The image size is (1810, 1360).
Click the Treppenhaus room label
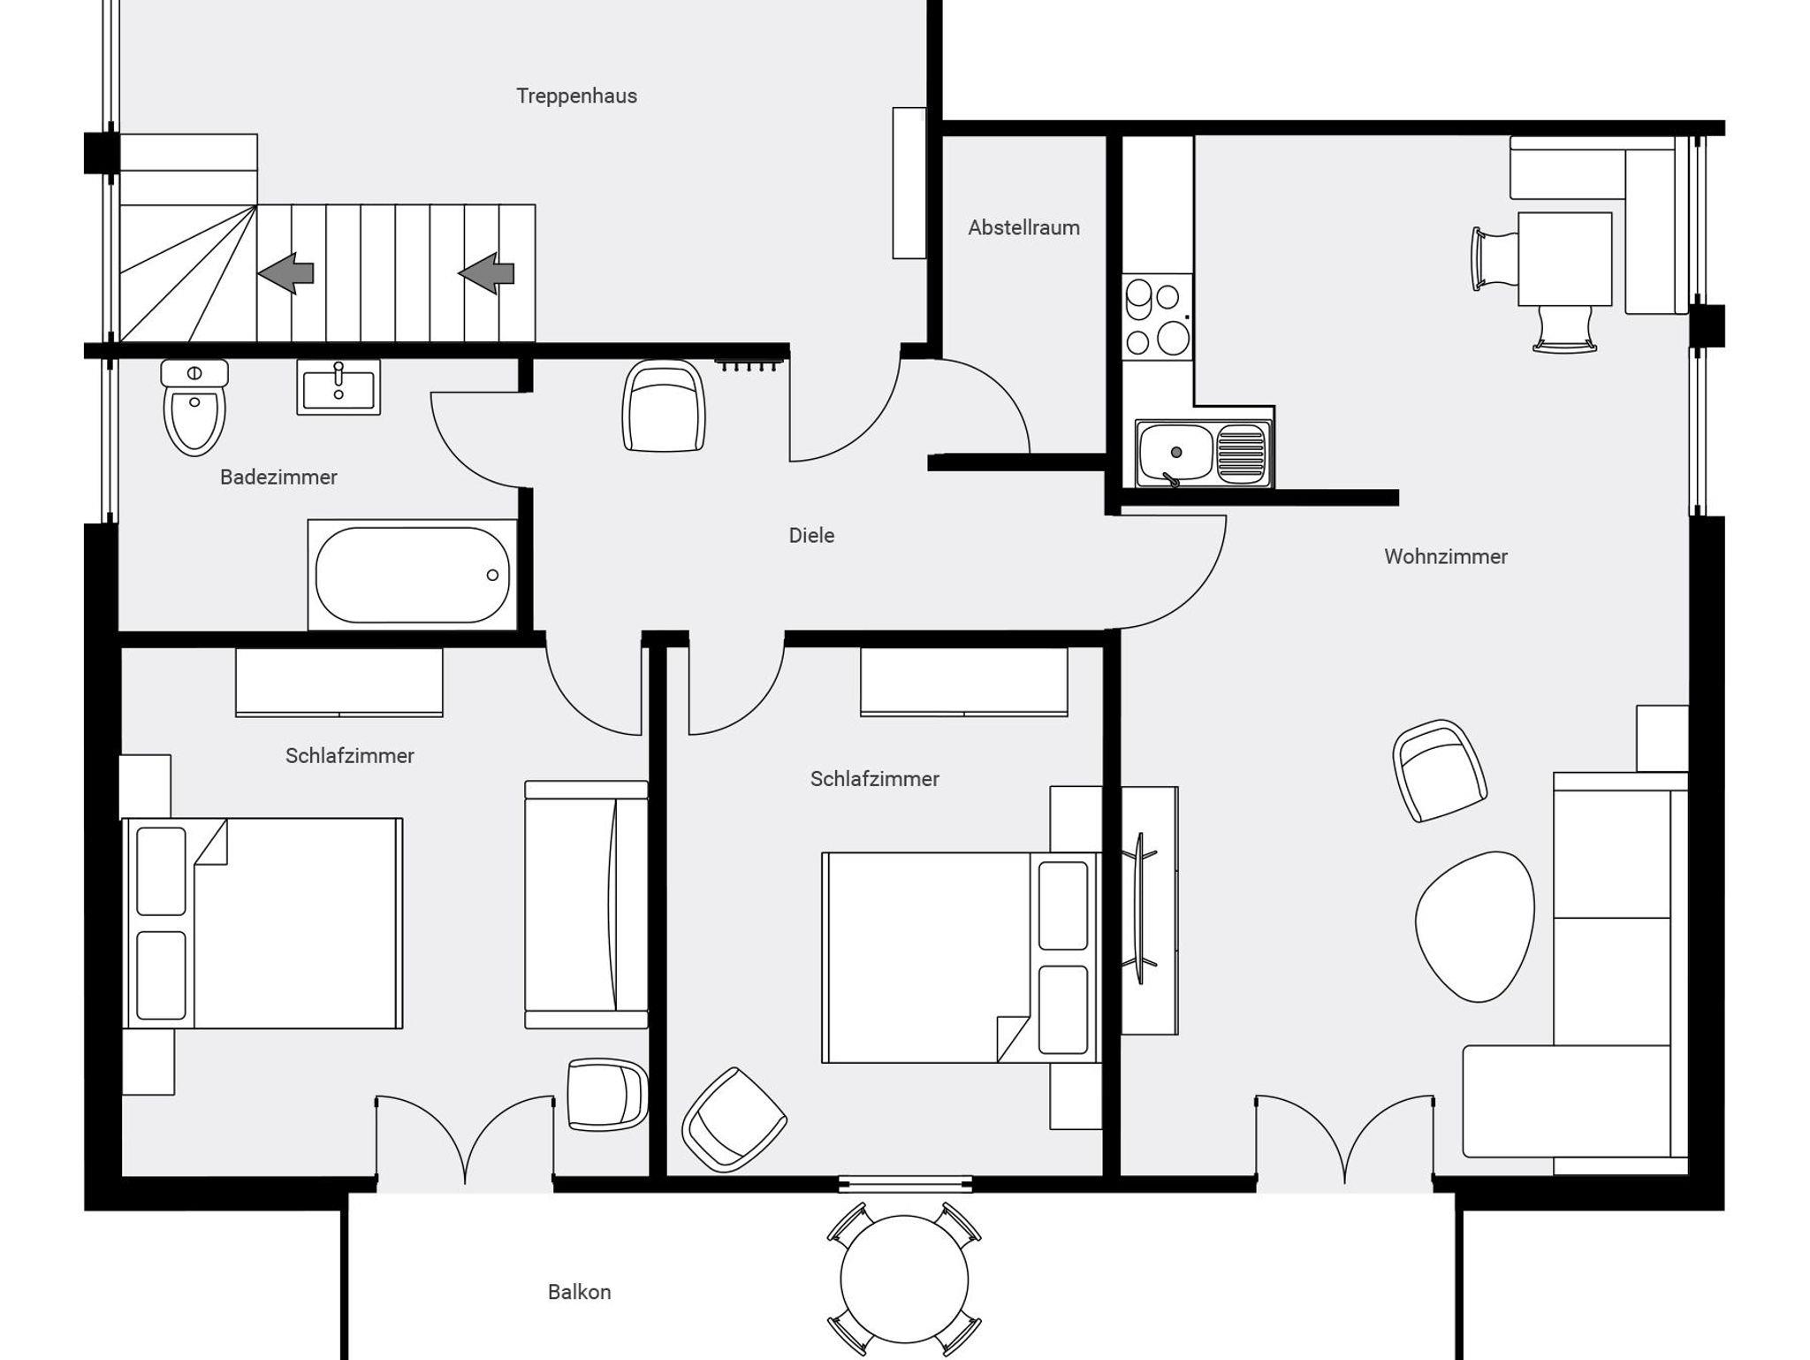576,96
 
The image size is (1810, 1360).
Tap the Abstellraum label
1023,227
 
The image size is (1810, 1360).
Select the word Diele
811,535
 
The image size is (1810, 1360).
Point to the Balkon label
579,1292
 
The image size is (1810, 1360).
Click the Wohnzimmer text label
1446,556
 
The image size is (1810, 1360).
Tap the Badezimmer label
278,477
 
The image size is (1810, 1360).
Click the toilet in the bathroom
194,407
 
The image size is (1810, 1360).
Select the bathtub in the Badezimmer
412,575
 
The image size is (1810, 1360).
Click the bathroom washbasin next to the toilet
338,387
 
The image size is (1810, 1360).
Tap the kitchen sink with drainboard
1204,454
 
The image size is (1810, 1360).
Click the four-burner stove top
1157,317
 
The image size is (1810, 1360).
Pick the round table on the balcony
904,1279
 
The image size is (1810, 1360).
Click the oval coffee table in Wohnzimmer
1475,927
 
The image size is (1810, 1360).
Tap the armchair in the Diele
664,406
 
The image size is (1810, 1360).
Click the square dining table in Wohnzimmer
1564,259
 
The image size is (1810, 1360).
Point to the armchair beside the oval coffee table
1439,771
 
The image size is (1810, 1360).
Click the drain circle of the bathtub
492,575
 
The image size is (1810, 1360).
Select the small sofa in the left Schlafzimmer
586,905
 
